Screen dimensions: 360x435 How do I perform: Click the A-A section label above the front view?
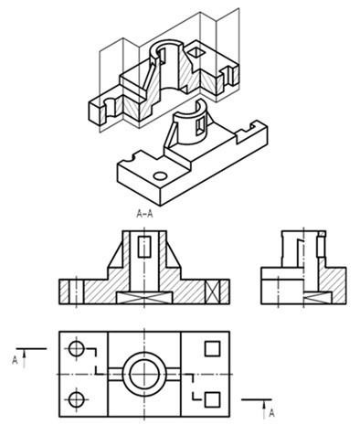[x=144, y=214]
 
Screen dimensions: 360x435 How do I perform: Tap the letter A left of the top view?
[x=15, y=360]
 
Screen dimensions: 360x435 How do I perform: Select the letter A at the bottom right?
[x=271, y=413]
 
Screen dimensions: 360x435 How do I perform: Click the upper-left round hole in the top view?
[x=76, y=348]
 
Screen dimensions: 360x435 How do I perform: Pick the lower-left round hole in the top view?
[x=76, y=399]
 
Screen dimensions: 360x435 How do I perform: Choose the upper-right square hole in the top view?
[x=212, y=348]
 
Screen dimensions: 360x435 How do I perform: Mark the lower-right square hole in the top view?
[x=212, y=399]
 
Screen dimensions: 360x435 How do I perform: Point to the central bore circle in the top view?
[x=144, y=374]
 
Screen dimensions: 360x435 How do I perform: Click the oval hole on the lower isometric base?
[x=160, y=175]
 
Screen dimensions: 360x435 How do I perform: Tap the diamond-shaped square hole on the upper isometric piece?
[x=196, y=53]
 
